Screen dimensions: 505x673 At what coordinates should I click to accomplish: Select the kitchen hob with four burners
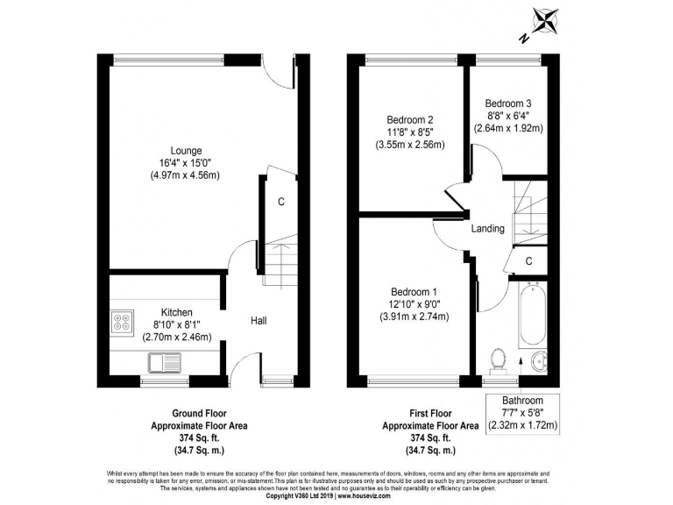[x=121, y=322]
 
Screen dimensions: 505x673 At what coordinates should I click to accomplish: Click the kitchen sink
[x=164, y=359]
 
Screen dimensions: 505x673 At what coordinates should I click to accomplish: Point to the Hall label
[x=259, y=321]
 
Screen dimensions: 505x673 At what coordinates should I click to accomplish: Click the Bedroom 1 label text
[x=414, y=291]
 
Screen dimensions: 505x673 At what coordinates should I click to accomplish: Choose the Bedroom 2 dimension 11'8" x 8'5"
[x=409, y=132]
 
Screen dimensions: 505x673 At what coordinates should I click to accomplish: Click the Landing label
[x=487, y=229]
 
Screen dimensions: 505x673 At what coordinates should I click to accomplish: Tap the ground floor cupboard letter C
[x=281, y=203]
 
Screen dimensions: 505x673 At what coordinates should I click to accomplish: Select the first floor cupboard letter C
[x=529, y=261]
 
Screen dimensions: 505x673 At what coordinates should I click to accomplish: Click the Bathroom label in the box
[x=522, y=400]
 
